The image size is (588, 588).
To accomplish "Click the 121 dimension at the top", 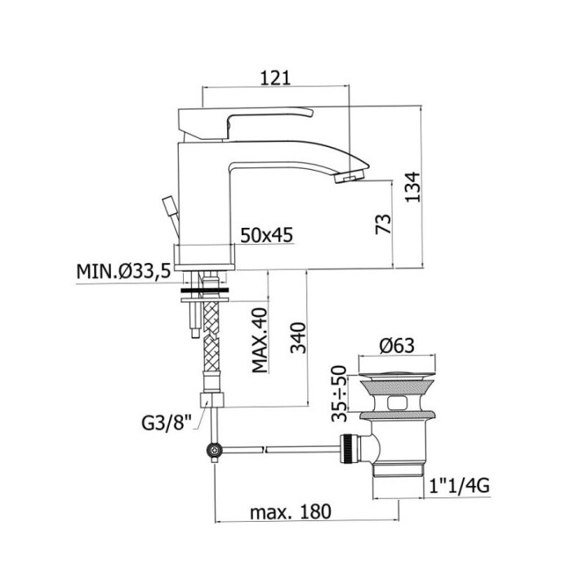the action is (x=275, y=78).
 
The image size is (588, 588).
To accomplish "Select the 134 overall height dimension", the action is (x=413, y=187).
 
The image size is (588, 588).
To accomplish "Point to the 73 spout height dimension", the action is (x=383, y=224).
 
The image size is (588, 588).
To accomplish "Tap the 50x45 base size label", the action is (x=266, y=235).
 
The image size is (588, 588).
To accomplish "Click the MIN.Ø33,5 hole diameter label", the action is (x=124, y=271).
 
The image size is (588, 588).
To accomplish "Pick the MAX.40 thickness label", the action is (x=260, y=340).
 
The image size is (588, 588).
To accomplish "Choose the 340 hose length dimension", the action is (x=299, y=337).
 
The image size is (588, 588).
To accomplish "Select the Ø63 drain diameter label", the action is (x=397, y=345).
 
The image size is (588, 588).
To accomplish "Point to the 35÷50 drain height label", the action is (x=340, y=394).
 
